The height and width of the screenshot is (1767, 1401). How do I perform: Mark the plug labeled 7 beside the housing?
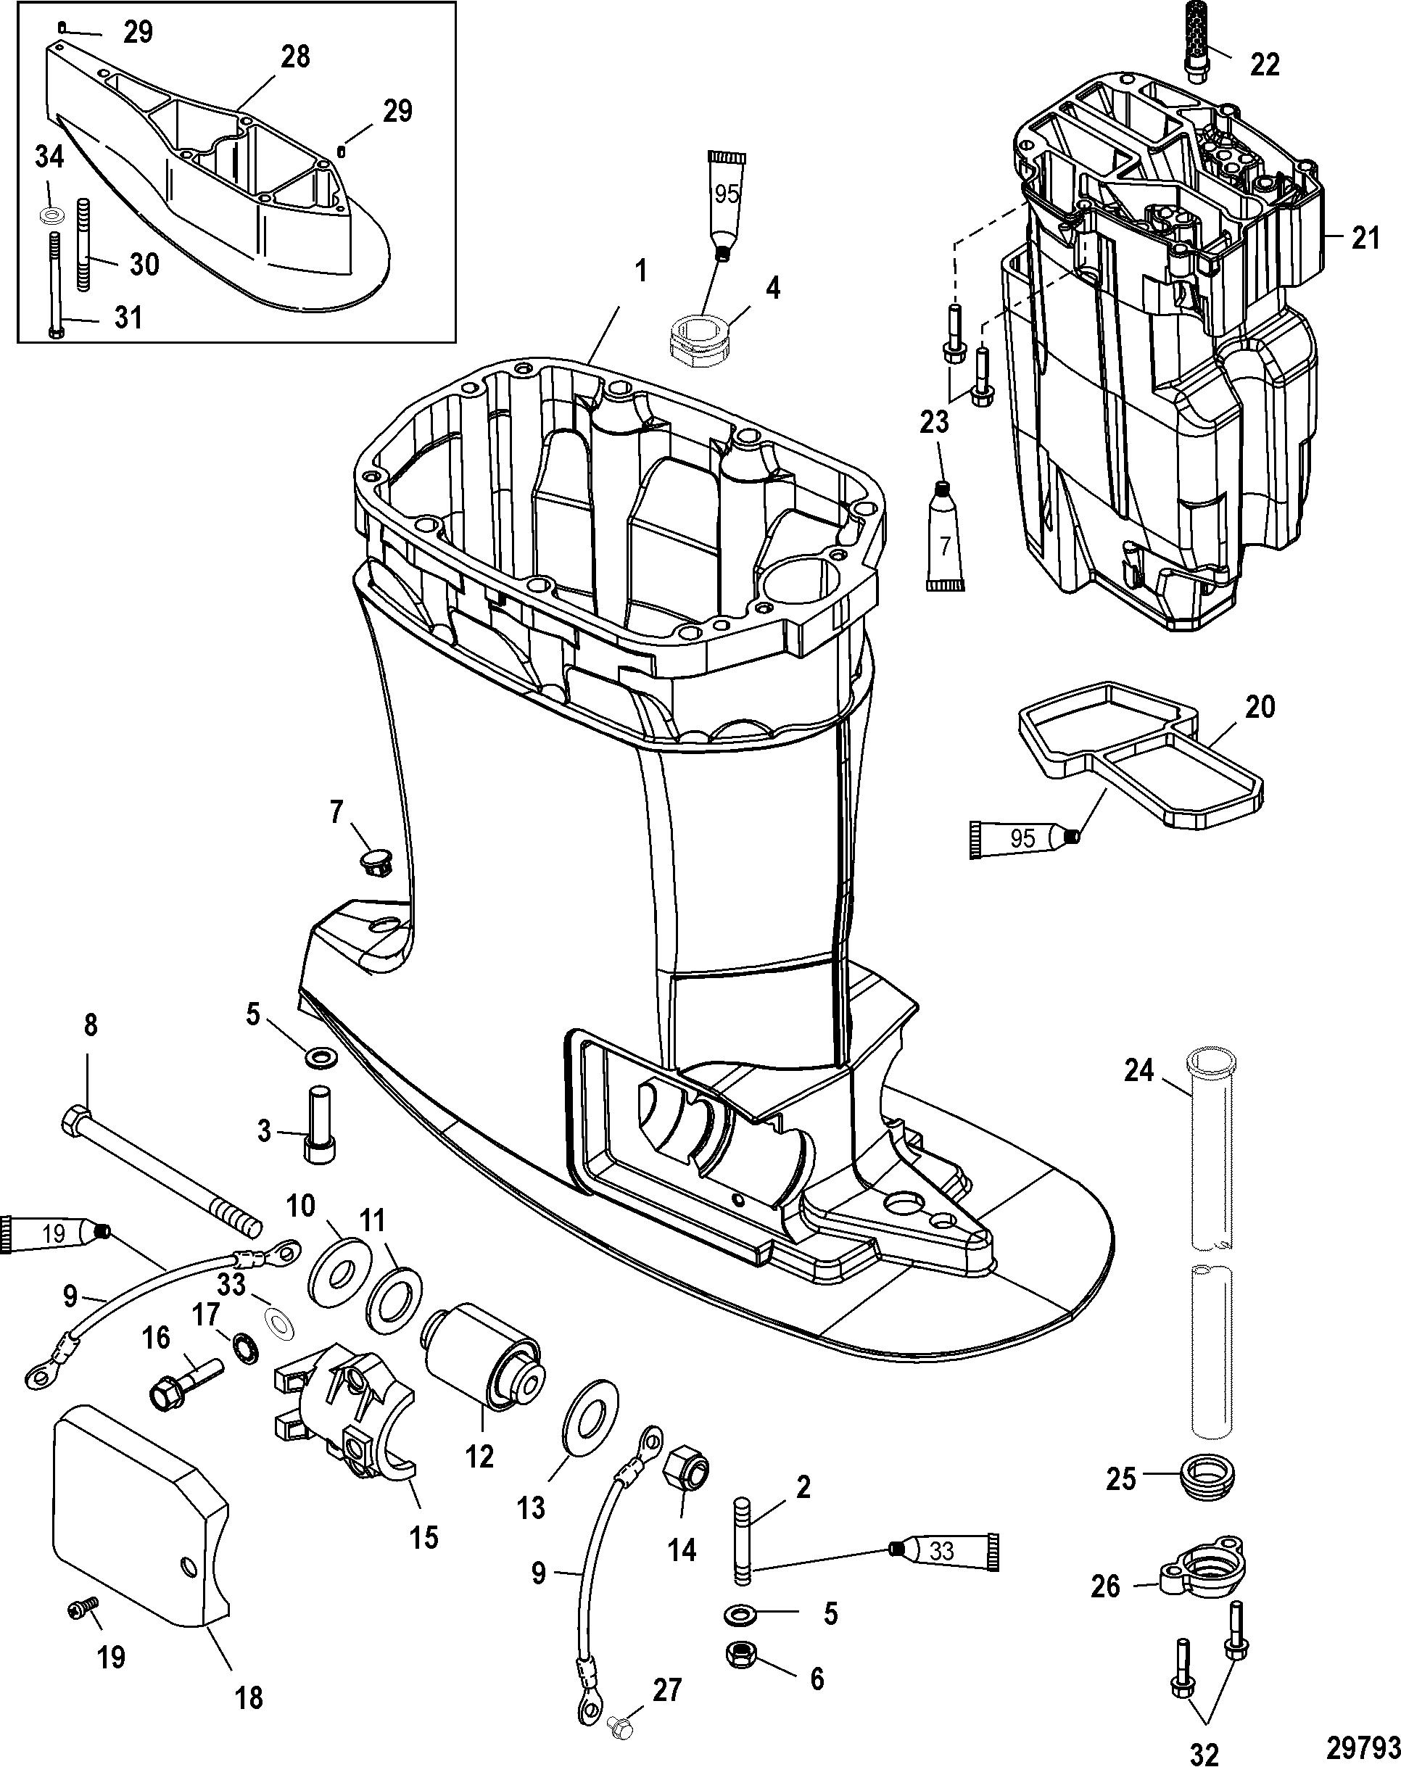click(375, 861)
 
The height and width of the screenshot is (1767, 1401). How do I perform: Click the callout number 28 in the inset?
click(295, 57)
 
